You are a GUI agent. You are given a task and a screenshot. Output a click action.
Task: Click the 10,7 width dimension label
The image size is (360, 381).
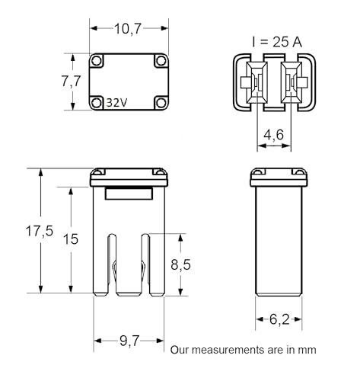[x=128, y=28]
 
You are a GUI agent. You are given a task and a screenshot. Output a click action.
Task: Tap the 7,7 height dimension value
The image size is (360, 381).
[x=71, y=82]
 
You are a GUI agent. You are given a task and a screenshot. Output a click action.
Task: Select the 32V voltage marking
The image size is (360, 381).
[x=116, y=103]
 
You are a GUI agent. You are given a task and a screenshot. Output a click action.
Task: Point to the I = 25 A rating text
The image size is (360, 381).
[x=277, y=42]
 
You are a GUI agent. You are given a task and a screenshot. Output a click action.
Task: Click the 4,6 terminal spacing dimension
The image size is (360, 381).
[x=274, y=135]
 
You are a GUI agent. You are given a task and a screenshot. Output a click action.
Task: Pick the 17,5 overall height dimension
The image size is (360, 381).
[x=40, y=231]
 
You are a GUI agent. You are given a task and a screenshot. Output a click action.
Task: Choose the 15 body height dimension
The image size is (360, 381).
[x=71, y=239]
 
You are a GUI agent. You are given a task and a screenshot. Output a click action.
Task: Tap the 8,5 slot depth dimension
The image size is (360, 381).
[x=180, y=264]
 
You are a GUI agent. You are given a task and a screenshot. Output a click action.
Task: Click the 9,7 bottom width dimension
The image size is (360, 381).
[x=129, y=341]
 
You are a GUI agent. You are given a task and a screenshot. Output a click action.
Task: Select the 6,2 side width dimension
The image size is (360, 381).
[x=279, y=319]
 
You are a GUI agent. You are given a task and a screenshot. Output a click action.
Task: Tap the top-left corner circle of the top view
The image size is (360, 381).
[x=97, y=60]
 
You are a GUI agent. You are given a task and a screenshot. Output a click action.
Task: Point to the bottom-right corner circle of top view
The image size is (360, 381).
[x=161, y=103]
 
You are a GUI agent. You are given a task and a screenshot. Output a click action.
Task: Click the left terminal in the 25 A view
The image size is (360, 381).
[x=256, y=82]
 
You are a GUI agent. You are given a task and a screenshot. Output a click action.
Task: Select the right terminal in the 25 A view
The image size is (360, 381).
[x=292, y=82]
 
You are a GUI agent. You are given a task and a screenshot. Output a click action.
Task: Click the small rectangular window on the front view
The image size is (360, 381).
[x=129, y=194]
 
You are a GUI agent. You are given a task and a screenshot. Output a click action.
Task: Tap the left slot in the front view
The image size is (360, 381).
[x=112, y=265]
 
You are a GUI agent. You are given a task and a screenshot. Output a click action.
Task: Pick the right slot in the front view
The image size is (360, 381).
[x=145, y=265]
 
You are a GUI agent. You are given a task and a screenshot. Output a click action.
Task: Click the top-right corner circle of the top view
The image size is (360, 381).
[x=161, y=60]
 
